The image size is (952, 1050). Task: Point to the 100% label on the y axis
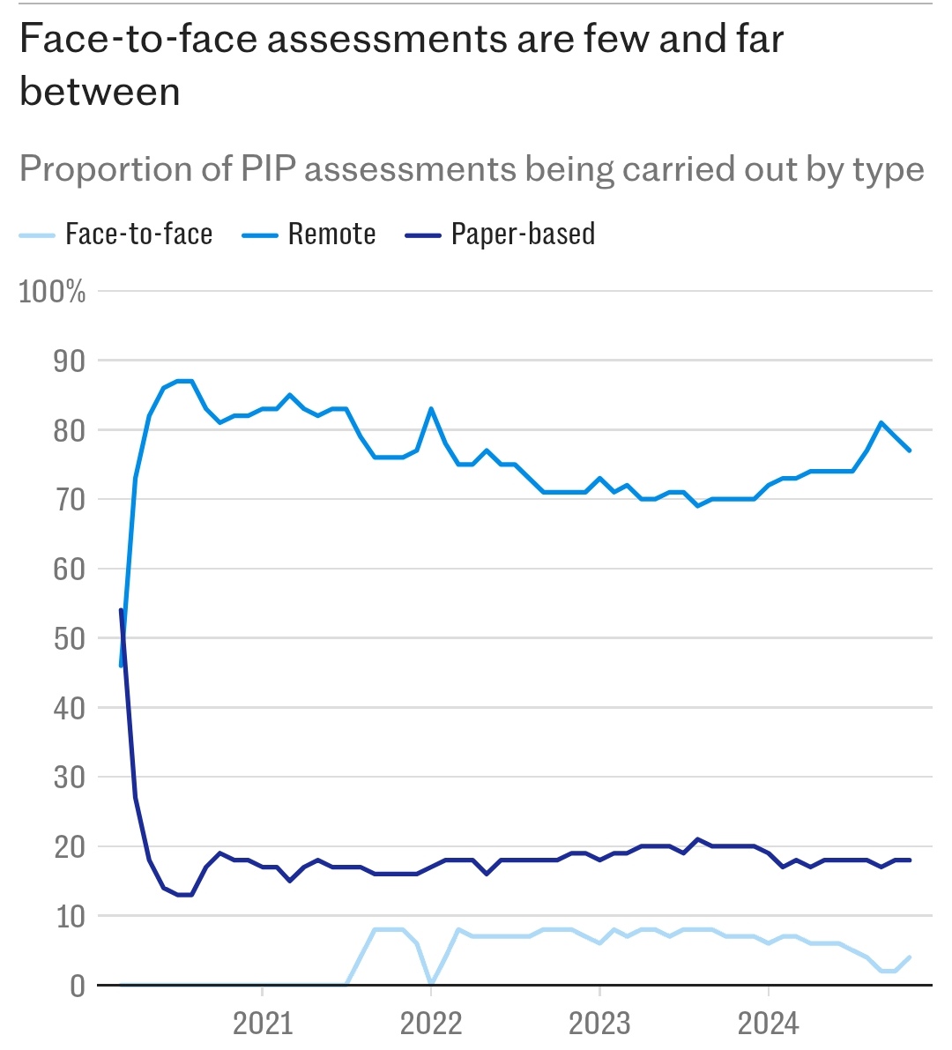point(53,292)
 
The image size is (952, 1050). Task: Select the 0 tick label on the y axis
point(78,986)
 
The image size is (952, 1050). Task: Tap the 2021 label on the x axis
point(263,1024)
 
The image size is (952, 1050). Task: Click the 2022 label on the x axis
point(431,1024)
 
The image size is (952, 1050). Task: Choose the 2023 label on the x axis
point(599,1024)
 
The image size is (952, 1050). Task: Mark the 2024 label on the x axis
point(768,1024)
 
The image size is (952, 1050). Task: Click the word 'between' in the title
point(100,92)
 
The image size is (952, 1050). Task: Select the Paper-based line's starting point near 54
point(121,610)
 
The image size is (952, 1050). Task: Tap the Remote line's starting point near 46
point(121,666)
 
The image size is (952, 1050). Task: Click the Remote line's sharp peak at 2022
point(431,408)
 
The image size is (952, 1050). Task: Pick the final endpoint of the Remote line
point(909,451)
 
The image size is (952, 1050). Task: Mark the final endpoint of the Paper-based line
point(909,860)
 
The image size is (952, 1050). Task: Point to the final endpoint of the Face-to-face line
point(909,957)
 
